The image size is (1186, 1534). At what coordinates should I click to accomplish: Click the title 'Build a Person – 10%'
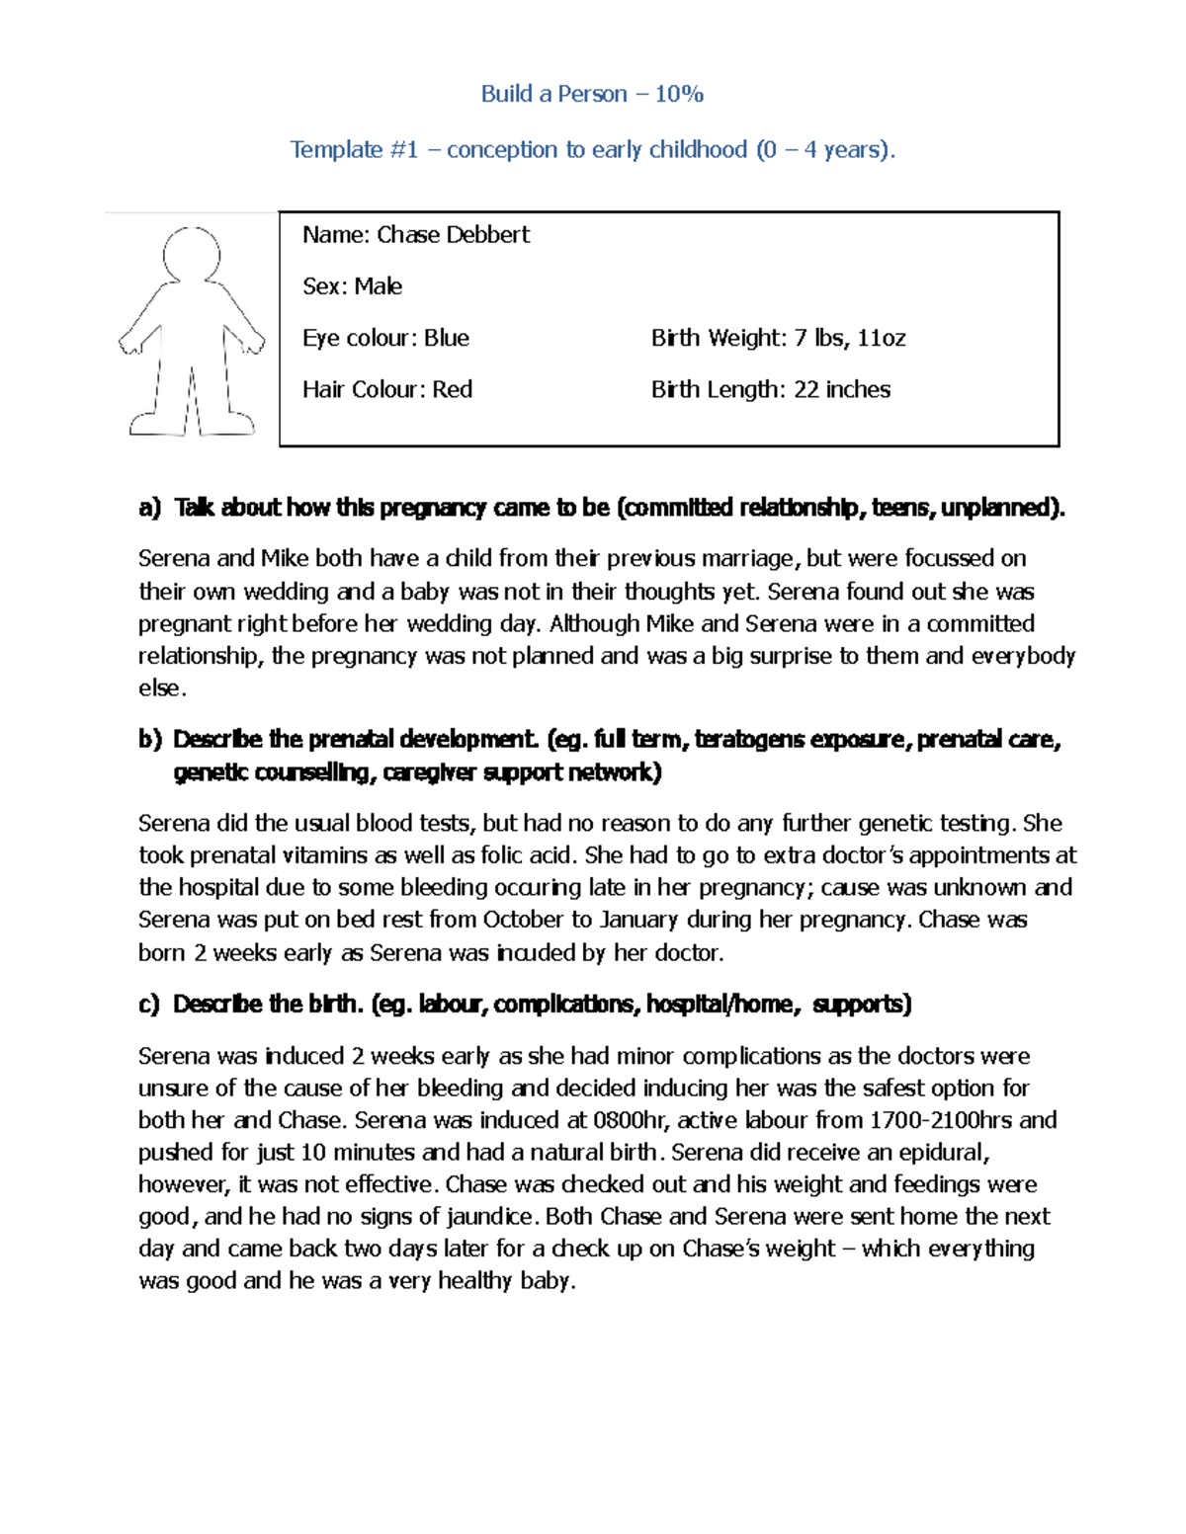592,94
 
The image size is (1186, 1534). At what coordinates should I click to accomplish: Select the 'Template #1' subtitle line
592,149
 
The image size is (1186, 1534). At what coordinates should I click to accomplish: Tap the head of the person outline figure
191,254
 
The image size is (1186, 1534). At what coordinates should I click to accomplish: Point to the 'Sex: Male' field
352,286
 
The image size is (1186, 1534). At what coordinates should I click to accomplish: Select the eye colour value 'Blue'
446,338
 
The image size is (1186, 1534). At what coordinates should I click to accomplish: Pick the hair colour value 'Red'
452,389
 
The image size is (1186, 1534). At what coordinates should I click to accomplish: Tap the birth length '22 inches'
841,389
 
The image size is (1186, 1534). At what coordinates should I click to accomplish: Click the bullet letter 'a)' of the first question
149,508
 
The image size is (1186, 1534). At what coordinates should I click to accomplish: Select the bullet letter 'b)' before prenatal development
149,739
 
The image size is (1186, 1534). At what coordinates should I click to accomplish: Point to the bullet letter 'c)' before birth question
149,1005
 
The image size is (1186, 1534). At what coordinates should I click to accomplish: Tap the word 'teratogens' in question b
748,739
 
